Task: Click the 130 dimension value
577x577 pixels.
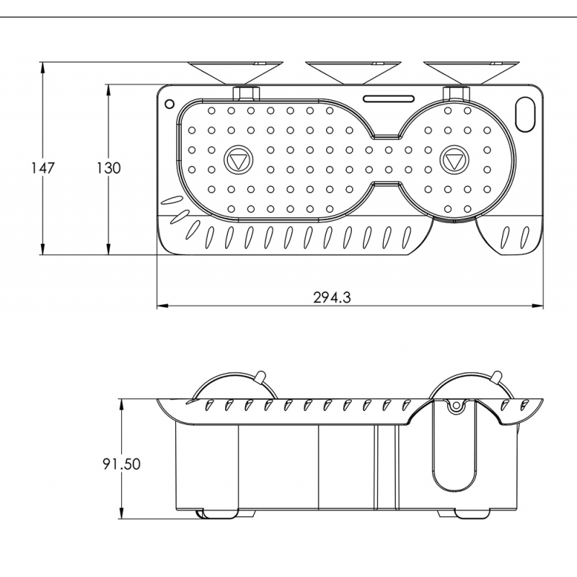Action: pos(107,167)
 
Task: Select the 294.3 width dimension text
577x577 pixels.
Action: pos(332,296)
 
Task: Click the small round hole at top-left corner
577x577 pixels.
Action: pos(169,103)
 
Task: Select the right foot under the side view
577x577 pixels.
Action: pos(473,513)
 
